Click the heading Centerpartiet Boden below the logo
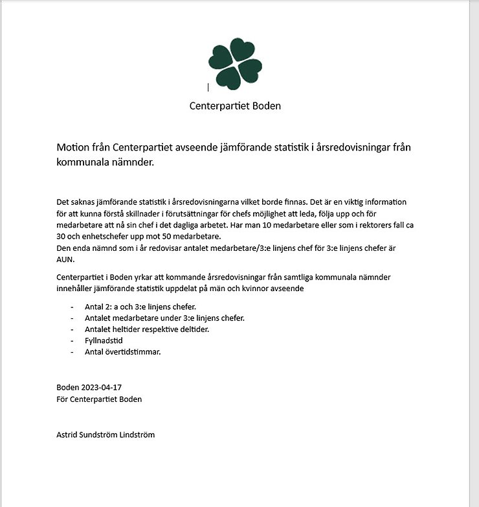click(x=235, y=106)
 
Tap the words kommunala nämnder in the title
click(x=106, y=162)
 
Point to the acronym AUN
click(x=65, y=259)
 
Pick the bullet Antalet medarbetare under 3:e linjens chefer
click(x=164, y=318)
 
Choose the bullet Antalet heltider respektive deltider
click(x=147, y=329)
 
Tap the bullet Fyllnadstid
click(x=104, y=340)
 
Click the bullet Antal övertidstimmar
click(x=122, y=352)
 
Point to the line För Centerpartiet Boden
click(x=99, y=399)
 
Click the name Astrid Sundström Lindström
click(x=106, y=434)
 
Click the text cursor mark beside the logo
click(x=208, y=87)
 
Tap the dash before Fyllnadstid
click(x=72, y=340)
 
